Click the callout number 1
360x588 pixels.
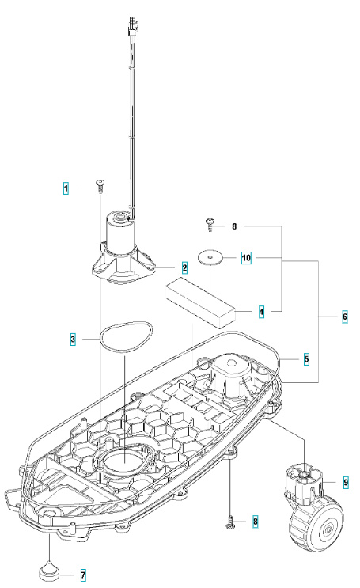66,188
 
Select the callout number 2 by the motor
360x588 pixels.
184,268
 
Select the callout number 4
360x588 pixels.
262,312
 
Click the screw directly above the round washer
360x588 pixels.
211,226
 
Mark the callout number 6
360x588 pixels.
344,315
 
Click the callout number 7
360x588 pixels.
83,575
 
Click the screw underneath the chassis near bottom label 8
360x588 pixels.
229,522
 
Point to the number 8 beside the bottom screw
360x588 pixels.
254,522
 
